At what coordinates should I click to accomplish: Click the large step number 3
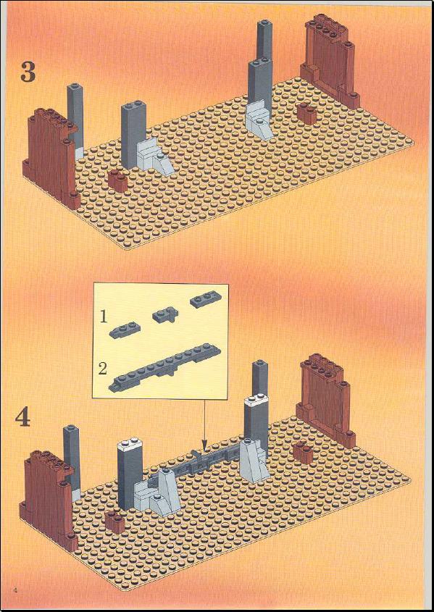[x=28, y=72]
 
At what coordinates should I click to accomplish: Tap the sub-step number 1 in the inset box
[x=103, y=317]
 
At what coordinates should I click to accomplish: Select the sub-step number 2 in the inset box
[x=103, y=369]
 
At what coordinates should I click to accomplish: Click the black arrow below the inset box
[x=204, y=424]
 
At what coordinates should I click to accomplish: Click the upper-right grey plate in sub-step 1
[x=206, y=300]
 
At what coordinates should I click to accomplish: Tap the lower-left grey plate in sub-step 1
[x=125, y=330]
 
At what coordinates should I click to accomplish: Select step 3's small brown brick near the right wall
[x=307, y=114]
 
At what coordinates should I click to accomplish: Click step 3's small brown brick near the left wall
[x=118, y=181]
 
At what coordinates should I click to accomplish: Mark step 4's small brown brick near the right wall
[x=303, y=452]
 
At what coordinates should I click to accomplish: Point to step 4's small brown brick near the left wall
[x=114, y=521]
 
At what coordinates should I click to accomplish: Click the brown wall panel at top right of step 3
[x=330, y=62]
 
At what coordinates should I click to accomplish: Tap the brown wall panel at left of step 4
[x=49, y=500]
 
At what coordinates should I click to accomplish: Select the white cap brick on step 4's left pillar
[x=129, y=445]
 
